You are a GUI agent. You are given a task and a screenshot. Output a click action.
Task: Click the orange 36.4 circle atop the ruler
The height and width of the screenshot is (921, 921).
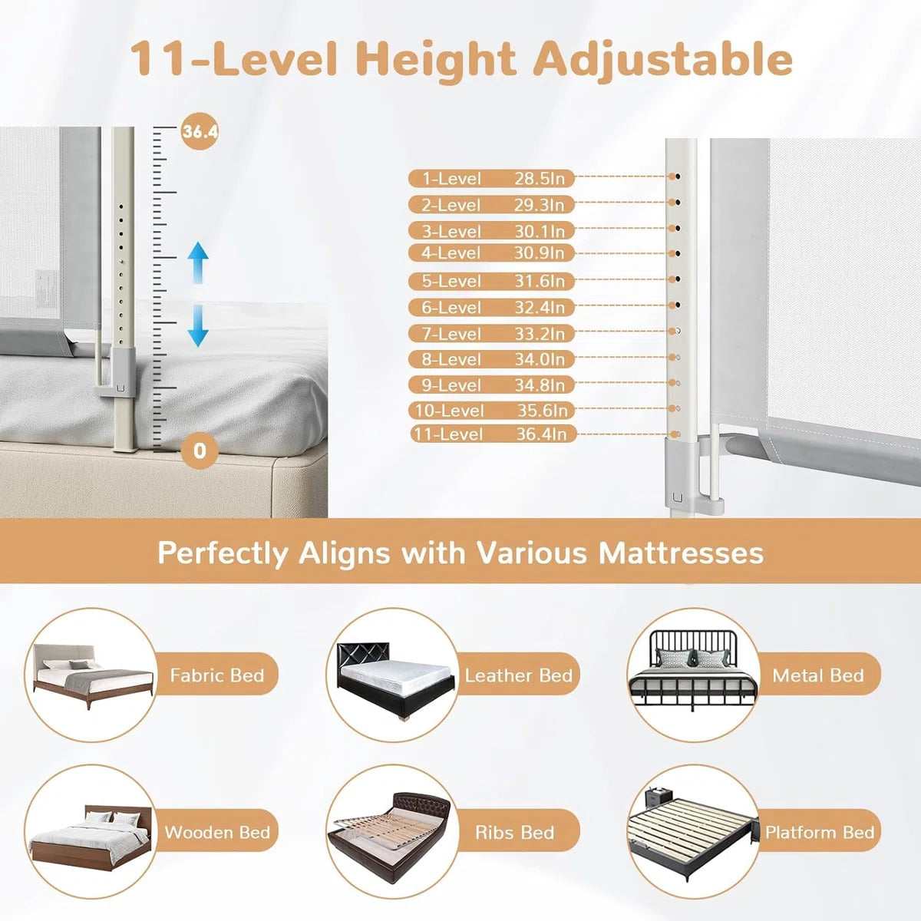[200, 132]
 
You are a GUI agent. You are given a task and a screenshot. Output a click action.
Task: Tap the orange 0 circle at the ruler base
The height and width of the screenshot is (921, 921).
[200, 451]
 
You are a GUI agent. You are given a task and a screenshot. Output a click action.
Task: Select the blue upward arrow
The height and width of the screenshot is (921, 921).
[197, 262]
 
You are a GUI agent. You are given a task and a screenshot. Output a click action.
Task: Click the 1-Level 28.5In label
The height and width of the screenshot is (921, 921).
[491, 179]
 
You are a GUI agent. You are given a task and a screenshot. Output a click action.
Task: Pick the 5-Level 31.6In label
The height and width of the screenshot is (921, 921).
[491, 281]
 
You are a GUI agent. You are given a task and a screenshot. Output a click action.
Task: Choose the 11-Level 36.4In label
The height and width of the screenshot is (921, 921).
[493, 434]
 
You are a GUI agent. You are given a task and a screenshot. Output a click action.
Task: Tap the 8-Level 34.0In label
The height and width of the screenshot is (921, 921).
[491, 359]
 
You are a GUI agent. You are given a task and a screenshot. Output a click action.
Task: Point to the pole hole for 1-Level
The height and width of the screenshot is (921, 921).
[677, 177]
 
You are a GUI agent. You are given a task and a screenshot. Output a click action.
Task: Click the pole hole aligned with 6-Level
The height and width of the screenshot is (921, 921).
[677, 305]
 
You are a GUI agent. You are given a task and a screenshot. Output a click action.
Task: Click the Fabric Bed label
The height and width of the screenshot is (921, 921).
[217, 675]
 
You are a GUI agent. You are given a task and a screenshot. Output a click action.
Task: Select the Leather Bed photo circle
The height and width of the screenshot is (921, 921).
[393, 675]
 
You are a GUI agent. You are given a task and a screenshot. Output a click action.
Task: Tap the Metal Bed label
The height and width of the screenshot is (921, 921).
[817, 675]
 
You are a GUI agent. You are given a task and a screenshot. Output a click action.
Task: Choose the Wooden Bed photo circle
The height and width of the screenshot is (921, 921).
[91, 832]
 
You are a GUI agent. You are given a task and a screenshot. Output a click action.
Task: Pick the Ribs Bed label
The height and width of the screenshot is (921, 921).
[514, 832]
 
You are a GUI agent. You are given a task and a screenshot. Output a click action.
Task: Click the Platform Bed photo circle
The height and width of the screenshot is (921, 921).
[694, 832]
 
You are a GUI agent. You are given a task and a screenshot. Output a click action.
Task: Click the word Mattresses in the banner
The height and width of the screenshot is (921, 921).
[681, 553]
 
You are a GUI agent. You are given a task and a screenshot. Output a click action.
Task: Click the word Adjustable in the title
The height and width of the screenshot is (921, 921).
[663, 59]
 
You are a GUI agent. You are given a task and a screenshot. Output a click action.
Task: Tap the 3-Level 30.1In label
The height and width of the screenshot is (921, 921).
[491, 231]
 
